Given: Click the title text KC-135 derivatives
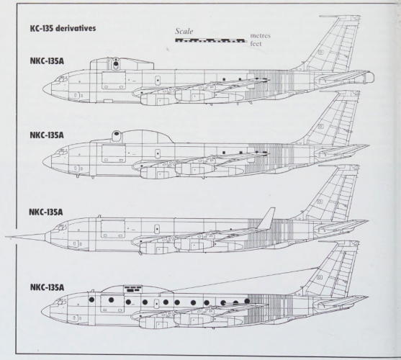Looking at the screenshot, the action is pos(63,28).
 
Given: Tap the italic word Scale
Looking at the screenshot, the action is pos(184,31).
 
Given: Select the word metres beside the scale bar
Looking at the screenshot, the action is pos(261,35).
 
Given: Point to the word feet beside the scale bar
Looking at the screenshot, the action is pos(256,44).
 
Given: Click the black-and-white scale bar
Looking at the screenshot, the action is pos(209,40).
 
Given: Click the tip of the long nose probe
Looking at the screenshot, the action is pos(6,237).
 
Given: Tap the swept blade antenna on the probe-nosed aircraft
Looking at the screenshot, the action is pos(266,218).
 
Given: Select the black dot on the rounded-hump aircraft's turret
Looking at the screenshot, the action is pos(117,133).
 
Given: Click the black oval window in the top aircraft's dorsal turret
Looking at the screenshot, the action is pos(116,64).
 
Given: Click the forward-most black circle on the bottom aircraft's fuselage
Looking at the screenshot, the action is pos(91,300).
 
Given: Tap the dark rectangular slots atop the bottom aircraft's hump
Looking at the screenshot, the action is pos(132,289).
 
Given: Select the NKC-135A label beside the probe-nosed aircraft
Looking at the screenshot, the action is pos(46,212).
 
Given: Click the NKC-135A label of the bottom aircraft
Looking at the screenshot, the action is pos(47,287).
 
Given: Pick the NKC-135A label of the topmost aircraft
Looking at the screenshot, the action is pos(47,61).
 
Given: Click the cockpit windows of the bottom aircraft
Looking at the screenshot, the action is pos(61,302).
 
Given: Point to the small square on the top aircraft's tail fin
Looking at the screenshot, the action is pos(320,52).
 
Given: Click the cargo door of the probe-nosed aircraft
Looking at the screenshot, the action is pos(113,228).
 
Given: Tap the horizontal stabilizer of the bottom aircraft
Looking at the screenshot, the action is pos(341,302).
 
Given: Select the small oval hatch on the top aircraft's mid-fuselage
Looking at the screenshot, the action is pos(158,81).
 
